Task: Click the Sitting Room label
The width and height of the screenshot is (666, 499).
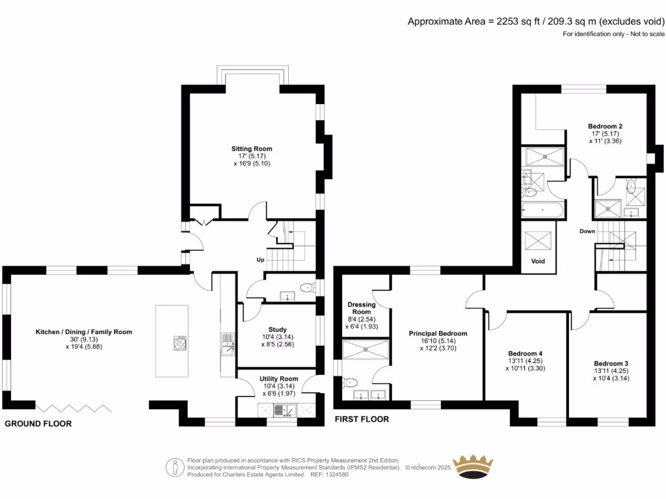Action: [252, 149]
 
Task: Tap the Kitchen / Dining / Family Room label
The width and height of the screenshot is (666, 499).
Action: [83, 332]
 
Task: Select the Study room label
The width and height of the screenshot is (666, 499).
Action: [277, 329]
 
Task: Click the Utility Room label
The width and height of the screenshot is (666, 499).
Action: [278, 379]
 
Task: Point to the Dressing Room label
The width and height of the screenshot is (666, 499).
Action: [362, 308]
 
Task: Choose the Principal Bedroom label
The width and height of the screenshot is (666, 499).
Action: [438, 333]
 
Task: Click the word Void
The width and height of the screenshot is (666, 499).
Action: [538, 261]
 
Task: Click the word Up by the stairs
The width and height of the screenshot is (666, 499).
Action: [260, 260]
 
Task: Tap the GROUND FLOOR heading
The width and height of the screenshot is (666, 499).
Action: [38, 424]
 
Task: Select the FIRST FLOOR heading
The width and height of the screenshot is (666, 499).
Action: [362, 419]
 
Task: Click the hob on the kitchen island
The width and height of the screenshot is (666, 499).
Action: [180, 344]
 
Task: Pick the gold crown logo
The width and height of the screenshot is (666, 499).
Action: [473, 467]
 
